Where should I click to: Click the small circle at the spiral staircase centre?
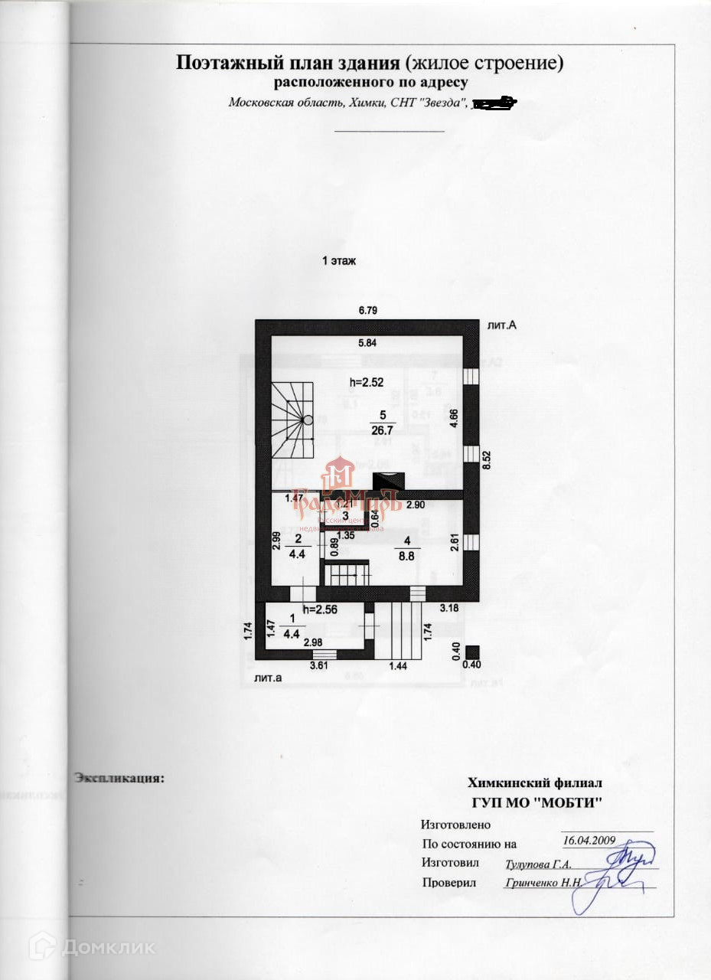coord(307,420)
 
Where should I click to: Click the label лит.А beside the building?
coord(502,325)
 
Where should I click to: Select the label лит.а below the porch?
coord(267,678)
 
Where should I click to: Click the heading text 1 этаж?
coord(339,261)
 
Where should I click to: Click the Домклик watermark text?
coord(108,947)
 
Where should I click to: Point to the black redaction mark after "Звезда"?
coord(494,103)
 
